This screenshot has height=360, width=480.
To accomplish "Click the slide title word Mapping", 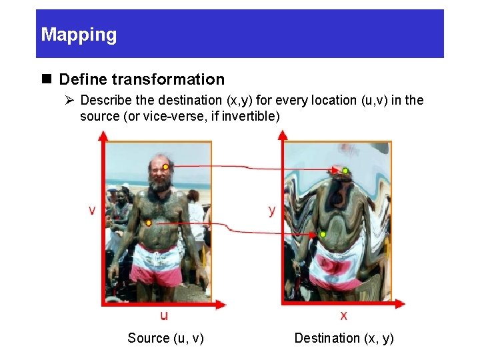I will click(x=79, y=35).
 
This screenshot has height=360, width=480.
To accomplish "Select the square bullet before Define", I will click(x=47, y=79).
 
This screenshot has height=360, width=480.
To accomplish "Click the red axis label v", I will click(x=92, y=210).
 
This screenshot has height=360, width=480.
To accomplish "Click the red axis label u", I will click(x=164, y=315).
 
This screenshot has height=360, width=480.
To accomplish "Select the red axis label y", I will click(x=271, y=210).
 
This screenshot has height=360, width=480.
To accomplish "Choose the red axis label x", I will click(x=344, y=315).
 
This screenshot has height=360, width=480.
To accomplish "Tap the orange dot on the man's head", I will click(x=166, y=166).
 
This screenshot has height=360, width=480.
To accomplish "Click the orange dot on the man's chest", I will click(x=149, y=223).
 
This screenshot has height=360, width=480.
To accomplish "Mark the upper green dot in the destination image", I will click(x=345, y=171).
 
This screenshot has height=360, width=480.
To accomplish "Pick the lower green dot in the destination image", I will click(x=323, y=235).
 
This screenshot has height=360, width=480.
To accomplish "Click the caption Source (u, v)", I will click(x=165, y=338).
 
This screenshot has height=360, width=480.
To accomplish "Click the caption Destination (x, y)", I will click(x=344, y=338).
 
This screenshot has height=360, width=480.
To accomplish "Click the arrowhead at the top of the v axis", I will click(x=103, y=135).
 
